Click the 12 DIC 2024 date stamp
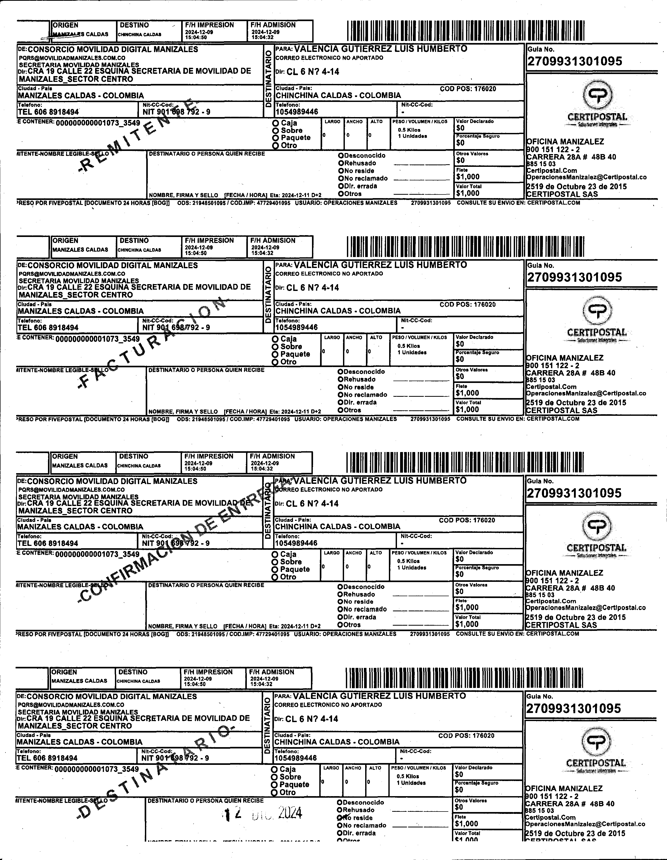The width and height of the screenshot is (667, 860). point(263,814)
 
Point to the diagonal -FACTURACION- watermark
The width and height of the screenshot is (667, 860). point(154,343)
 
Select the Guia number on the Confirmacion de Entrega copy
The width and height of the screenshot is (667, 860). point(574,493)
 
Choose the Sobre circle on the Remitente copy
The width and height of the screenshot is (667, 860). point(276,131)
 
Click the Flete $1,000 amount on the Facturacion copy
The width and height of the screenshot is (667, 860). point(467,393)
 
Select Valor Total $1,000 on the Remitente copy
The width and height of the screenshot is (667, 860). point(468,193)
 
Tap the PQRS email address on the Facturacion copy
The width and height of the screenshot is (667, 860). point(72,274)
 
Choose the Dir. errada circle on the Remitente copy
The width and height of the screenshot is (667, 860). point(341,186)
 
